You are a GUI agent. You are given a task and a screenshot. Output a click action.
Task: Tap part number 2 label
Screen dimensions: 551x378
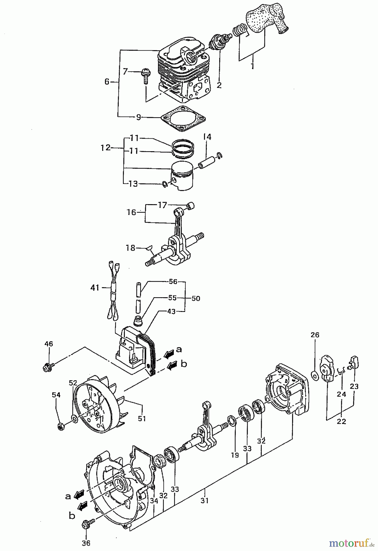click(x=219, y=85)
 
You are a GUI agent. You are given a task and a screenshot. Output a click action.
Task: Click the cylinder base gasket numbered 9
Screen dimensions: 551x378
click(x=183, y=119)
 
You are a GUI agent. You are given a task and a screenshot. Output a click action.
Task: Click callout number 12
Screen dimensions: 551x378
click(x=106, y=148)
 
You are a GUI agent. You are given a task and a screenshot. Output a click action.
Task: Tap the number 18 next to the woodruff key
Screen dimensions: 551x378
click(x=131, y=248)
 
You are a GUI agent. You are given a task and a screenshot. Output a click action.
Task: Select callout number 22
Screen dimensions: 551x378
click(x=341, y=421)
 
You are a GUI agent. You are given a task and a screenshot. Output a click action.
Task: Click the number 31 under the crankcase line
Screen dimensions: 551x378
click(x=204, y=500)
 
